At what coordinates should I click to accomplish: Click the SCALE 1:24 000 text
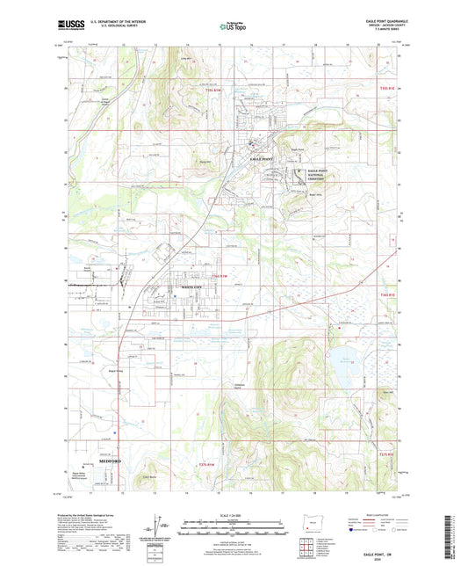click(x=234, y=513)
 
